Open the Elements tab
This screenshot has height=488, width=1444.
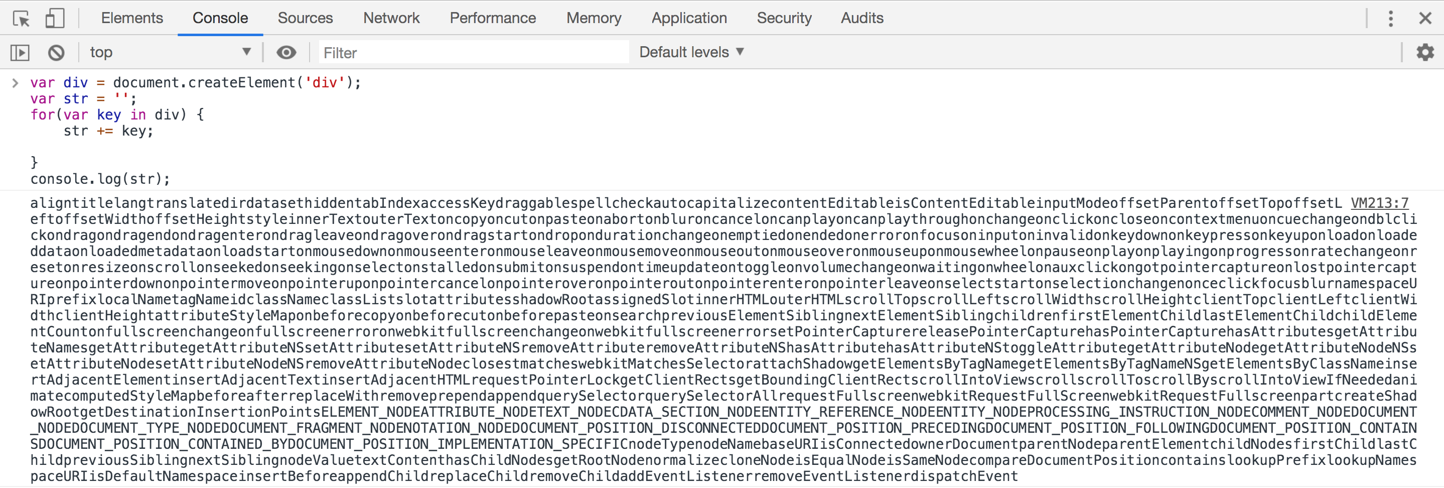pyautogui.click(x=132, y=18)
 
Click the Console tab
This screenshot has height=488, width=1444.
pyautogui.click(x=220, y=18)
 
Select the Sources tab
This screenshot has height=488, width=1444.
pyautogui.click(x=306, y=18)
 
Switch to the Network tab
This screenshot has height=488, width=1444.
pyautogui.click(x=391, y=18)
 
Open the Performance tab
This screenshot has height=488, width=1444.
pyautogui.click(x=493, y=18)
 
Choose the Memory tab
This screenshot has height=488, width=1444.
pyautogui.click(x=594, y=18)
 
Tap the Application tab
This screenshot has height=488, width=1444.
pyautogui.click(x=689, y=18)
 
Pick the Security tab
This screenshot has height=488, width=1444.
pyautogui.click(x=784, y=18)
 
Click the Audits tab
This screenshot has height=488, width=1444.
pyautogui.click(x=862, y=18)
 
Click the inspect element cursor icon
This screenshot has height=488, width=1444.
pyautogui.click(x=21, y=19)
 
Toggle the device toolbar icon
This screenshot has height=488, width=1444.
pyautogui.click(x=54, y=18)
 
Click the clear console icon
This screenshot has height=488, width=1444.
pyautogui.click(x=56, y=53)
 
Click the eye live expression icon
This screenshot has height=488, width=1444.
pyautogui.click(x=286, y=53)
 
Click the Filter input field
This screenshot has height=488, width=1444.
pyautogui.click(x=474, y=53)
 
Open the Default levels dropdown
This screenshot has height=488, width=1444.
pyautogui.click(x=691, y=52)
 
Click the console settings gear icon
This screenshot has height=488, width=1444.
pyautogui.click(x=1425, y=52)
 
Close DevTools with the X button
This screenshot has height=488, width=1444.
pyautogui.click(x=1425, y=19)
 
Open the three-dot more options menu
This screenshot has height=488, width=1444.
pyautogui.click(x=1391, y=19)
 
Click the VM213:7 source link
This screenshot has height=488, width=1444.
pyautogui.click(x=1380, y=203)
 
